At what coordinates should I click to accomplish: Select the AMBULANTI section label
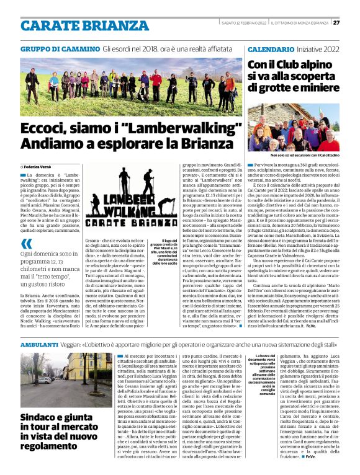[39, 344]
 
